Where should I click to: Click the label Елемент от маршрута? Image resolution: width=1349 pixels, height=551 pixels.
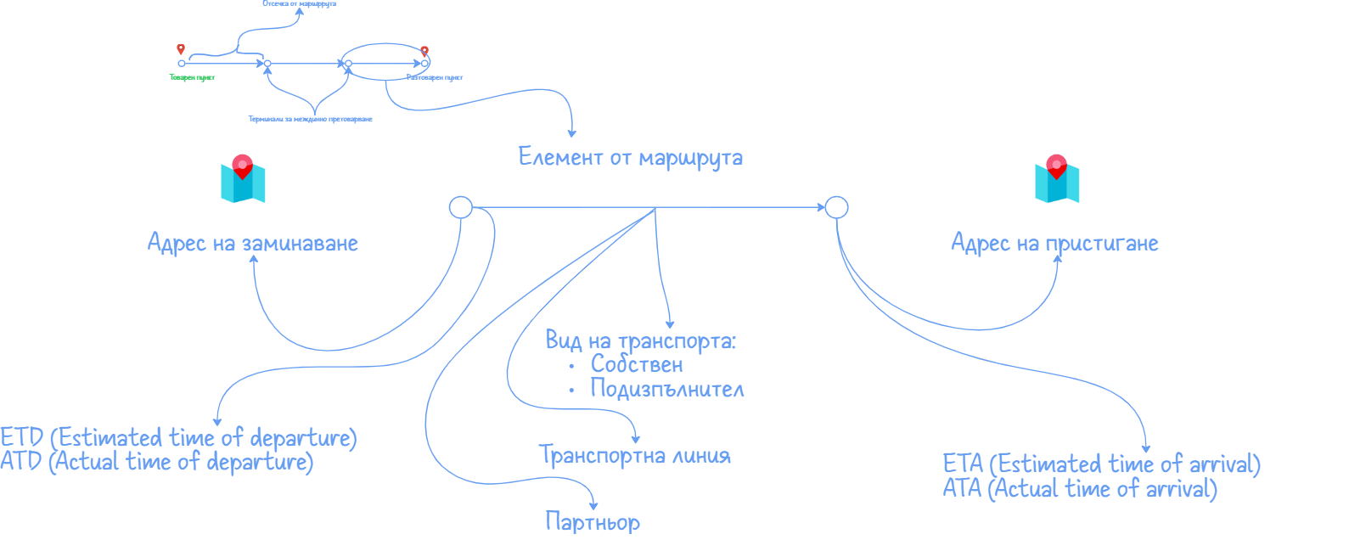(x=630, y=158)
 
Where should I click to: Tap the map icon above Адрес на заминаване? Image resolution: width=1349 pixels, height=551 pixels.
(x=243, y=179)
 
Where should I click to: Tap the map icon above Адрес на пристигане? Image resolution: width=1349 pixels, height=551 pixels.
(x=1057, y=179)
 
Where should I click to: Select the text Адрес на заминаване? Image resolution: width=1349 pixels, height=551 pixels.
(x=253, y=244)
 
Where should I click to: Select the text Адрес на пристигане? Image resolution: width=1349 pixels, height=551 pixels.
(x=1054, y=244)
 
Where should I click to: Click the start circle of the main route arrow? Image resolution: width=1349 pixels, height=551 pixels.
(x=460, y=207)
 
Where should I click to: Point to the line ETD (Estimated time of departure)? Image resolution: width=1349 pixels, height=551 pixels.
(x=178, y=438)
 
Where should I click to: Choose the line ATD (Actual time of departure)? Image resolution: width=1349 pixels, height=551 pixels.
(x=157, y=462)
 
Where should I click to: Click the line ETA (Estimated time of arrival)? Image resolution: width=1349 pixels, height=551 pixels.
(x=1101, y=464)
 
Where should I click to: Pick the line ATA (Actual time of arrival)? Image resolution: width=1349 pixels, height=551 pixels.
(x=1080, y=489)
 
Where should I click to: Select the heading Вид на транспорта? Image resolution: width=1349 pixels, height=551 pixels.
(x=641, y=341)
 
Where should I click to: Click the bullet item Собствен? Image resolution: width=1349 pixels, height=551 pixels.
(x=637, y=365)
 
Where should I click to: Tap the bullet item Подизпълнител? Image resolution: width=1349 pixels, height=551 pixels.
(x=667, y=390)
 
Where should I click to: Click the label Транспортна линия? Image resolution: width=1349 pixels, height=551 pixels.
(x=635, y=456)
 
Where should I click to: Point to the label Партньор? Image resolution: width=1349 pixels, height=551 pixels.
(x=593, y=522)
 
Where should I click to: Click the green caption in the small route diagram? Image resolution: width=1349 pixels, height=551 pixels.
(x=193, y=78)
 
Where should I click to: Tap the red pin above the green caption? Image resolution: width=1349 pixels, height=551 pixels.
(x=181, y=49)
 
